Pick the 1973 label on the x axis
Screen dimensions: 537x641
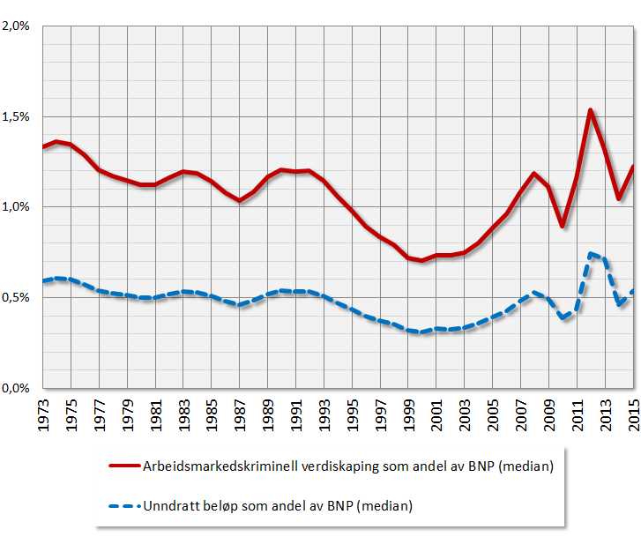[x=43, y=414]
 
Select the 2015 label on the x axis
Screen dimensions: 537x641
[x=633, y=414]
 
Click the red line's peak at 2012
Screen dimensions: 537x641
[x=590, y=110]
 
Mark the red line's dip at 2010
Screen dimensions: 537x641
[x=562, y=227]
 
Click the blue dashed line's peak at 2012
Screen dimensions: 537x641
[x=590, y=253]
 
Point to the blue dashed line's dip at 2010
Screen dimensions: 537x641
[x=562, y=317]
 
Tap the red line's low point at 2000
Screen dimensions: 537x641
[x=422, y=260]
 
